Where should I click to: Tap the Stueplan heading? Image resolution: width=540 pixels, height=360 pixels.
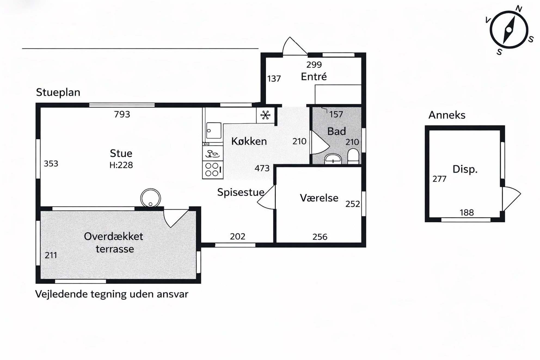58,93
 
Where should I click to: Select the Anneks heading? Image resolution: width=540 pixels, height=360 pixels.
447,115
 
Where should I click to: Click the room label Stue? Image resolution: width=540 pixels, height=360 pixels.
121,153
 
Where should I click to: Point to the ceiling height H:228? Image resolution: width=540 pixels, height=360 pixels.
121,165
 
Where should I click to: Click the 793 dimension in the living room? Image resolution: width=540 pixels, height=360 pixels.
122,114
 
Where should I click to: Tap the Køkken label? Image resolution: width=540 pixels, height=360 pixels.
249,141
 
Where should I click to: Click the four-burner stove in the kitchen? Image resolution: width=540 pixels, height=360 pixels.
213,170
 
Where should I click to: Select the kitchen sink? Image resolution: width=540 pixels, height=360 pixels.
214,131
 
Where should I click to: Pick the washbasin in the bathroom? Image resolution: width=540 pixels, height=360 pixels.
333,159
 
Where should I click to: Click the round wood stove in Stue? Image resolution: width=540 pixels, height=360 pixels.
151,198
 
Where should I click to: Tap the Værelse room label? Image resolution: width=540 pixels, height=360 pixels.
319,198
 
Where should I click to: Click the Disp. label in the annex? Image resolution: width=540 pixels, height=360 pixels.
465,169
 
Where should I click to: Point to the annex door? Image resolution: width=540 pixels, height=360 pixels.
511,199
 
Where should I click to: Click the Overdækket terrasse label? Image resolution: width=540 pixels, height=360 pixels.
114,242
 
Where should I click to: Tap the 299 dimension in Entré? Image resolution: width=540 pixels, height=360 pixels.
314,65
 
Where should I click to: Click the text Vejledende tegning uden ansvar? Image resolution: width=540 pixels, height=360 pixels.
112,294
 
